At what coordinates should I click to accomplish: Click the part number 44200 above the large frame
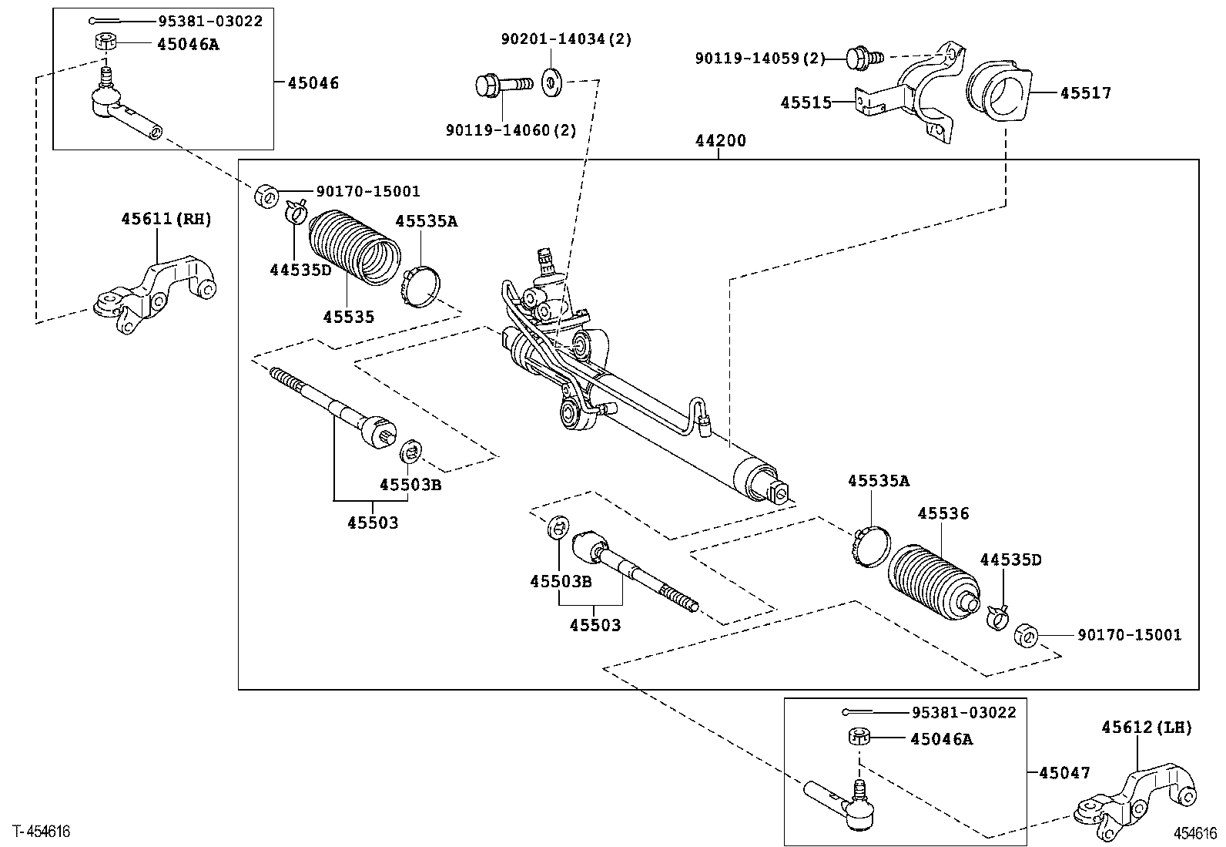[x=720, y=141]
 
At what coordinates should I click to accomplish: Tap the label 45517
[x=1086, y=93]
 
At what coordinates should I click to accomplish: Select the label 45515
[x=806, y=103]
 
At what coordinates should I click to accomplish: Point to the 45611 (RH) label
[x=166, y=219]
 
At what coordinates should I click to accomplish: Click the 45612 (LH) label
[x=1147, y=728]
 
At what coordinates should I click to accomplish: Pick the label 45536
[x=943, y=513]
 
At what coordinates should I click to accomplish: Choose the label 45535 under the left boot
[x=348, y=317]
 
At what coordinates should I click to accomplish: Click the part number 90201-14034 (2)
[x=567, y=39]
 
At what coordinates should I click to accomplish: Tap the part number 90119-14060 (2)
[x=511, y=130]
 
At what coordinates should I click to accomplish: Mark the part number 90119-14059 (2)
[x=760, y=58]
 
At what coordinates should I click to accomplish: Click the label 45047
[x=1064, y=772]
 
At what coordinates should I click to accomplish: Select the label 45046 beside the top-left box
[x=313, y=82]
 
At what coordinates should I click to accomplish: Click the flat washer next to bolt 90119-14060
[x=551, y=82]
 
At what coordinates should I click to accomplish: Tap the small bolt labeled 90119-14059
[x=865, y=58]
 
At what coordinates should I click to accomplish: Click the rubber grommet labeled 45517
[x=999, y=94]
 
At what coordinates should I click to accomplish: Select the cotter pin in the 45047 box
[x=868, y=712]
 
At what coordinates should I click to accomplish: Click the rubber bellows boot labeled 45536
[x=933, y=583]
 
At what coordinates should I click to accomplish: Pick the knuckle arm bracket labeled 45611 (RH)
[x=154, y=294]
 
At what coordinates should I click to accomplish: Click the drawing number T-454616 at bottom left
[x=42, y=832]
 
